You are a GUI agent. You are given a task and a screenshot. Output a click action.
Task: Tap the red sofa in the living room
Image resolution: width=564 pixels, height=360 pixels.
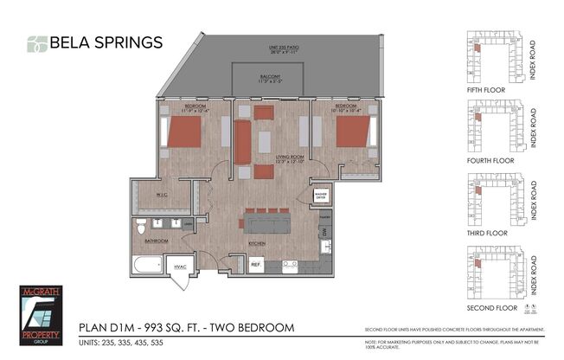click(242, 142)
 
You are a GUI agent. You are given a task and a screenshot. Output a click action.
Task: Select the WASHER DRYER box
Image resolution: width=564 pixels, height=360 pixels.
click(322, 196)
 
